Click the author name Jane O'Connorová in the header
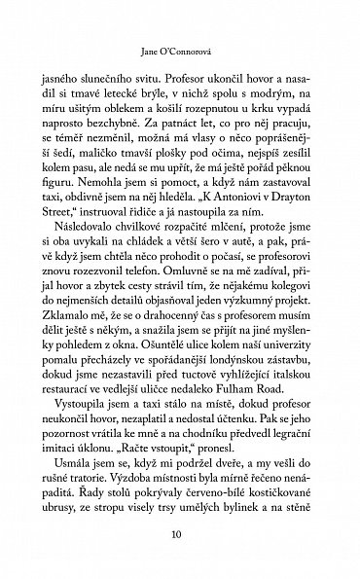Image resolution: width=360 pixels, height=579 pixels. tap(180, 43)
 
